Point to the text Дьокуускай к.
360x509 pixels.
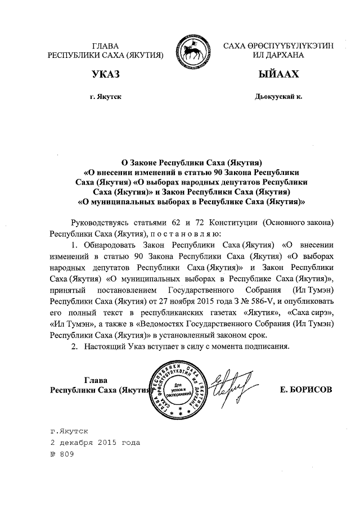click(x=278, y=97)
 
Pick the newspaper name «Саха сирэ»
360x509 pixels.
click(x=311, y=313)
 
